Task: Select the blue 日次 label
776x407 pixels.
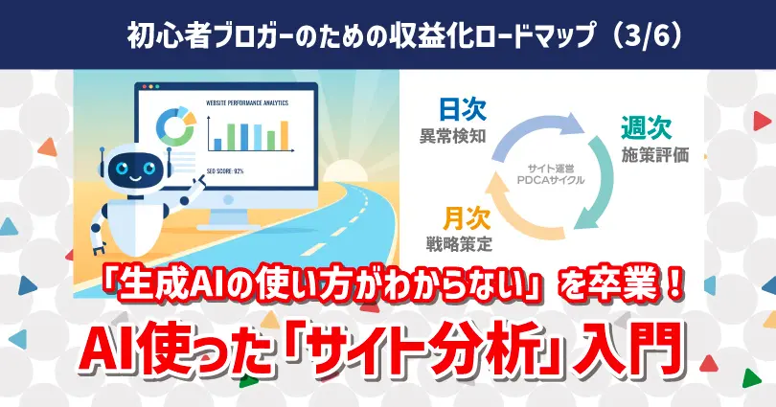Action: coord(463,110)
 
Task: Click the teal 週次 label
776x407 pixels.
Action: coord(647,128)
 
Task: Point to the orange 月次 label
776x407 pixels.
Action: coord(467,218)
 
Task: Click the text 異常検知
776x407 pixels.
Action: coord(453,136)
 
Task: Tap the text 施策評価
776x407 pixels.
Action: coord(655,155)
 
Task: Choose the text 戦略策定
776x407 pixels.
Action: coord(459,244)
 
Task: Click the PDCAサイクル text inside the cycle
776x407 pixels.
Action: coord(551,180)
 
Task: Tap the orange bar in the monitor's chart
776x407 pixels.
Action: coord(285,135)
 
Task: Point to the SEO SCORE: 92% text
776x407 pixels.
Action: coord(225,171)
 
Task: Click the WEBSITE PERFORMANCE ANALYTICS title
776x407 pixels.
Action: coord(247,102)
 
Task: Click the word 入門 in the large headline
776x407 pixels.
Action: coord(628,351)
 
